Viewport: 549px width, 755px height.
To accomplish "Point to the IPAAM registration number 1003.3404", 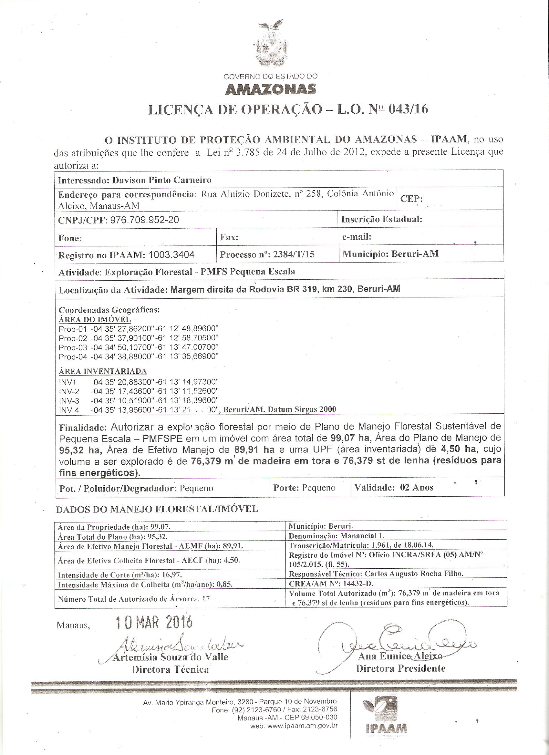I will coord(171,255).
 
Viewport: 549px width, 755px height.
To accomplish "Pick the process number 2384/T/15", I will coord(294,254).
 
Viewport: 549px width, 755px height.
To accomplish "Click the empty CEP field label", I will coord(411,199).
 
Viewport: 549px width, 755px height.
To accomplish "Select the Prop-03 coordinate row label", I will coord(73,347).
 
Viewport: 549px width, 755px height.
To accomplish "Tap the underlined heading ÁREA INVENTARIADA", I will coord(103,371).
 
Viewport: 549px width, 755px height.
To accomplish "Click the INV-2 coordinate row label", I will coord(69,391).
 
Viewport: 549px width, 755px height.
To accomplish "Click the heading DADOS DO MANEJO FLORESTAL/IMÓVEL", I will coord(157,509).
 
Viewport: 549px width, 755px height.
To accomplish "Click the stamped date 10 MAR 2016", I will coord(154,622).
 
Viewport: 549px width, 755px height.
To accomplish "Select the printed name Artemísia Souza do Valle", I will coord(171,657).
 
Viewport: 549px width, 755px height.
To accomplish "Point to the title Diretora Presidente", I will coord(400,668).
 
